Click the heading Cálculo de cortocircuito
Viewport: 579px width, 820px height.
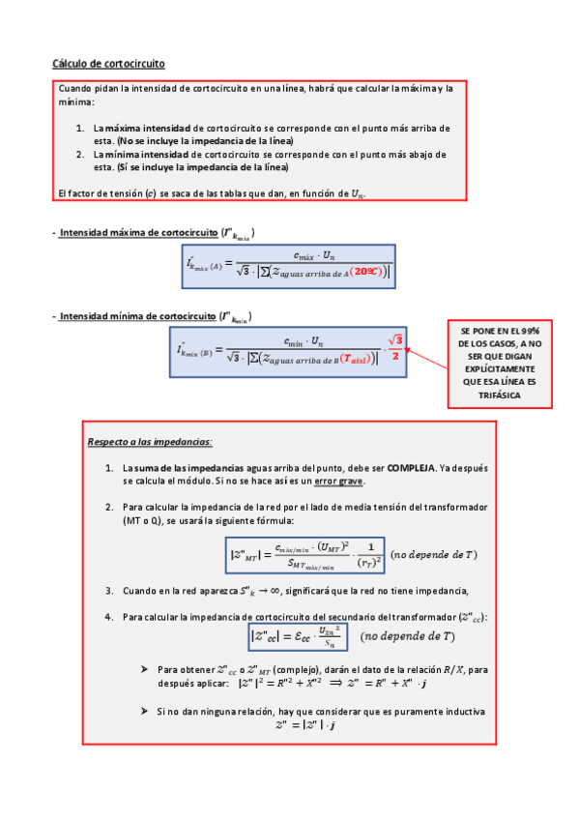[x=108, y=64]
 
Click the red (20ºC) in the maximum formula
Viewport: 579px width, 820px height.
[x=368, y=272]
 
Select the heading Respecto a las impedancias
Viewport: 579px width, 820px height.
[x=150, y=441]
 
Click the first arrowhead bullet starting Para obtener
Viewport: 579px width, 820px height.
[x=144, y=668]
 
